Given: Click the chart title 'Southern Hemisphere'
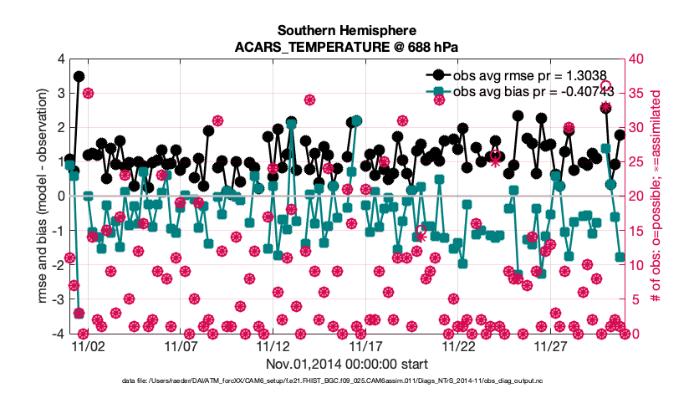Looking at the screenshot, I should [x=346, y=30].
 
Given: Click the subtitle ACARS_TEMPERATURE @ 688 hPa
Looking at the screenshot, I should [x=346, y=47].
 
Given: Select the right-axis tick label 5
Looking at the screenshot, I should [x=634, y=299].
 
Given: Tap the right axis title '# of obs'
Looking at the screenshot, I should [x=657, y=196].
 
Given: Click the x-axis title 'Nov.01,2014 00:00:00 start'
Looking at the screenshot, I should [x=346, y=364].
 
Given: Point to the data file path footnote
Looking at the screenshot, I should [x=346, y=381].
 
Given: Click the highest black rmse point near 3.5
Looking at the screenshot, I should [x=79, y=76].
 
